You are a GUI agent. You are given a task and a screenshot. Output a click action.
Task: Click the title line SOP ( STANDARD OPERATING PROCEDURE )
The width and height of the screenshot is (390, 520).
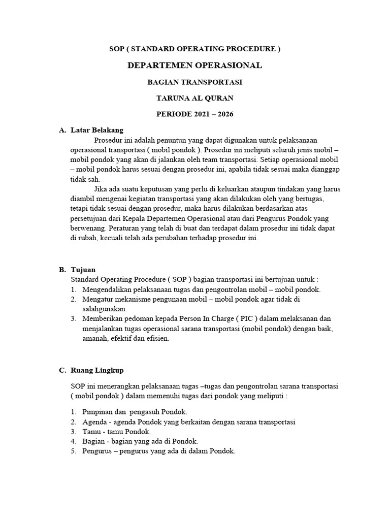tap(195, 49)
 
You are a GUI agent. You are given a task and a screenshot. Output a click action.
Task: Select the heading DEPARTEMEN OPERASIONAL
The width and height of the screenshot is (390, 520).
tap(195, 66)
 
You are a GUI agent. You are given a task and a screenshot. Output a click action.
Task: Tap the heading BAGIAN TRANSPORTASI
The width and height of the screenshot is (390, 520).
tap(195, 82)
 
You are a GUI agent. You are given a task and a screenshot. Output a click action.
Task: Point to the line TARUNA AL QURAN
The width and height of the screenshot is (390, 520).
tap(195, 98)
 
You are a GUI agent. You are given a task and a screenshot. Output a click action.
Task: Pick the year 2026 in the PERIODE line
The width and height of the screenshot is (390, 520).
tap(225, 114)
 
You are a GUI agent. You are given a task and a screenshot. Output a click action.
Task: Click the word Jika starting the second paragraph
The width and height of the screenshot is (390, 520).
tap(102, 189)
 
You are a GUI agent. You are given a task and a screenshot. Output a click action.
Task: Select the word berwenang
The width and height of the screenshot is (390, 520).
tap(87, 229)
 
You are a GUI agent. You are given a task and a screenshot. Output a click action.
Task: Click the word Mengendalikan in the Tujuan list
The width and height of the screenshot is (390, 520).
tap(108, 289)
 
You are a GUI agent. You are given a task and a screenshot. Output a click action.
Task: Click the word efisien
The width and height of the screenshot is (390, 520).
tap(157, 339)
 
